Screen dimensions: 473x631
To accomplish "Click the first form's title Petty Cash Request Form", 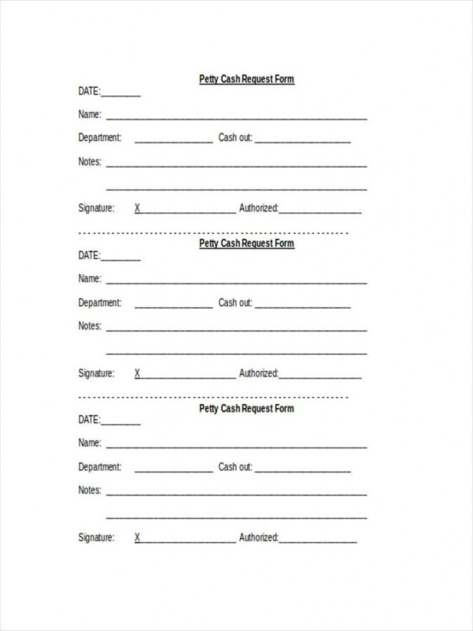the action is pyautogui.click(x=247, y=79).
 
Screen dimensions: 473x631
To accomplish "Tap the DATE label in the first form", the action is pyautogui.click(x=89, y=91).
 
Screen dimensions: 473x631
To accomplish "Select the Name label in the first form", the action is pyautogui.click(x=89, y=114).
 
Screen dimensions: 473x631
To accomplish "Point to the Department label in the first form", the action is pyautogui.click(x=100, y=138).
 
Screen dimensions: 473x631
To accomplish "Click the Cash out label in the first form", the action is pyautogui.click(x=235, y=138).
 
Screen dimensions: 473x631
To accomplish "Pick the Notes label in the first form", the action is pyautogui.click(x=89, y=162).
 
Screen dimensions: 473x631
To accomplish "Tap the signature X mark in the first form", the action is pyautogui.click(x=137, y=208).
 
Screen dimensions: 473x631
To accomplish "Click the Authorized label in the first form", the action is pyautogui.click(x=259, y=208).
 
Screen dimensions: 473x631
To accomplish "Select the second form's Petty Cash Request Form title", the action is pyautogui.click(x=247, y=243).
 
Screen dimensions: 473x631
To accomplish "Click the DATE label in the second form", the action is pyautogui.click(x=89, y=255).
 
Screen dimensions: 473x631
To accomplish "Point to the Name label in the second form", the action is pyautogui.click(x=89, y=278).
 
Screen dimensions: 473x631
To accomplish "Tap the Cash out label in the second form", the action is pyautogui.click(x=235, y=303).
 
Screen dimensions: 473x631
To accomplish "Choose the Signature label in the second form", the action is pyautogui.click(x=96, y=373).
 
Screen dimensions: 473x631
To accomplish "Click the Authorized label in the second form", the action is pyautogui.click(x=259, y=373).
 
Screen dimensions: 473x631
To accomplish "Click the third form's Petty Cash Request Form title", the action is pyautogui.click(x=247, y=408).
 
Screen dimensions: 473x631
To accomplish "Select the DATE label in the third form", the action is pyautogui.click(x=89, y=420).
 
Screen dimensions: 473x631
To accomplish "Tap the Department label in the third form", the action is pyautogui.click(x=100, y=467).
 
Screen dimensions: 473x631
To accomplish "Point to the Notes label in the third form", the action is pyautogui.click(x=89, y=490).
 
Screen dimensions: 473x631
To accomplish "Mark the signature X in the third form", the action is pyautogui.click(x=137, y=538).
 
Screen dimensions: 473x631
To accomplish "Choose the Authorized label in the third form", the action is pyautogui.click(x=259, y=538).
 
